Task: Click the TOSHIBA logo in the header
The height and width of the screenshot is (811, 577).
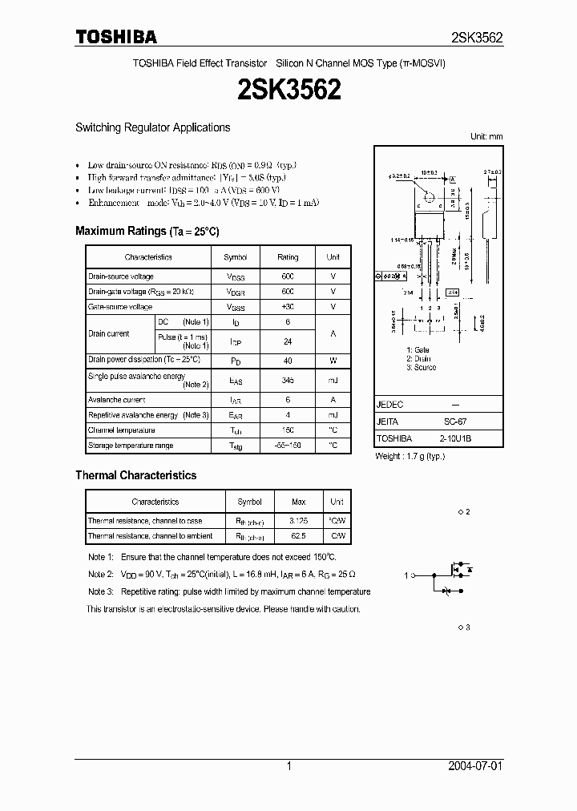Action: point(116,37)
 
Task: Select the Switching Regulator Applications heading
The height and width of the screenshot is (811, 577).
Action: point(152,127)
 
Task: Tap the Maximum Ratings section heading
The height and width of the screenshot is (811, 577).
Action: point(147,231)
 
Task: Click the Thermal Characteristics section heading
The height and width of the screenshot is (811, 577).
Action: point(135,475)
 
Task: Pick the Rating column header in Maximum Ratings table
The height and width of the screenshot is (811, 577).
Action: point(288,257)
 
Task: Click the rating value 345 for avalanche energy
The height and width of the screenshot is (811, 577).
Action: point(288,380)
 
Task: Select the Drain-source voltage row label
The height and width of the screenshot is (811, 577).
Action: point(121,276)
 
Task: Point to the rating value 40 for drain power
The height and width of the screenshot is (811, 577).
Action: point(288,360)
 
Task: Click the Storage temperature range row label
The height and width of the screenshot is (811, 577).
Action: point(131,445)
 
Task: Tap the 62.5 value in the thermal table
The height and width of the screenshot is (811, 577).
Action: point(298,535)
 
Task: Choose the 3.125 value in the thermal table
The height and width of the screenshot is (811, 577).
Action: point(298,521)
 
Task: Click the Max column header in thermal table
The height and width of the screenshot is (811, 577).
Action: point(298,502)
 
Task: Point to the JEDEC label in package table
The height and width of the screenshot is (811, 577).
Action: point(390,405)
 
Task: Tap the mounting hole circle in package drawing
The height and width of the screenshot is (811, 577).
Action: point(429,196)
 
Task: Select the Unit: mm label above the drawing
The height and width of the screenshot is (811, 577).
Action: point(486,137)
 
